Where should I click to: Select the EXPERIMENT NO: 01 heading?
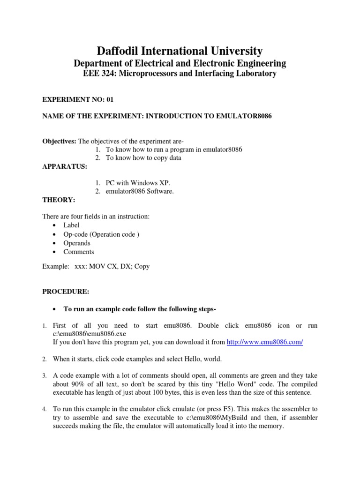78,99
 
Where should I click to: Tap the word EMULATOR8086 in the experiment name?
245,116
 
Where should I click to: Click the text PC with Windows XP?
137,182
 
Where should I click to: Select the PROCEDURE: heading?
66,291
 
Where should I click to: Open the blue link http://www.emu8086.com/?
265,342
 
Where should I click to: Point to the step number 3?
44,376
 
